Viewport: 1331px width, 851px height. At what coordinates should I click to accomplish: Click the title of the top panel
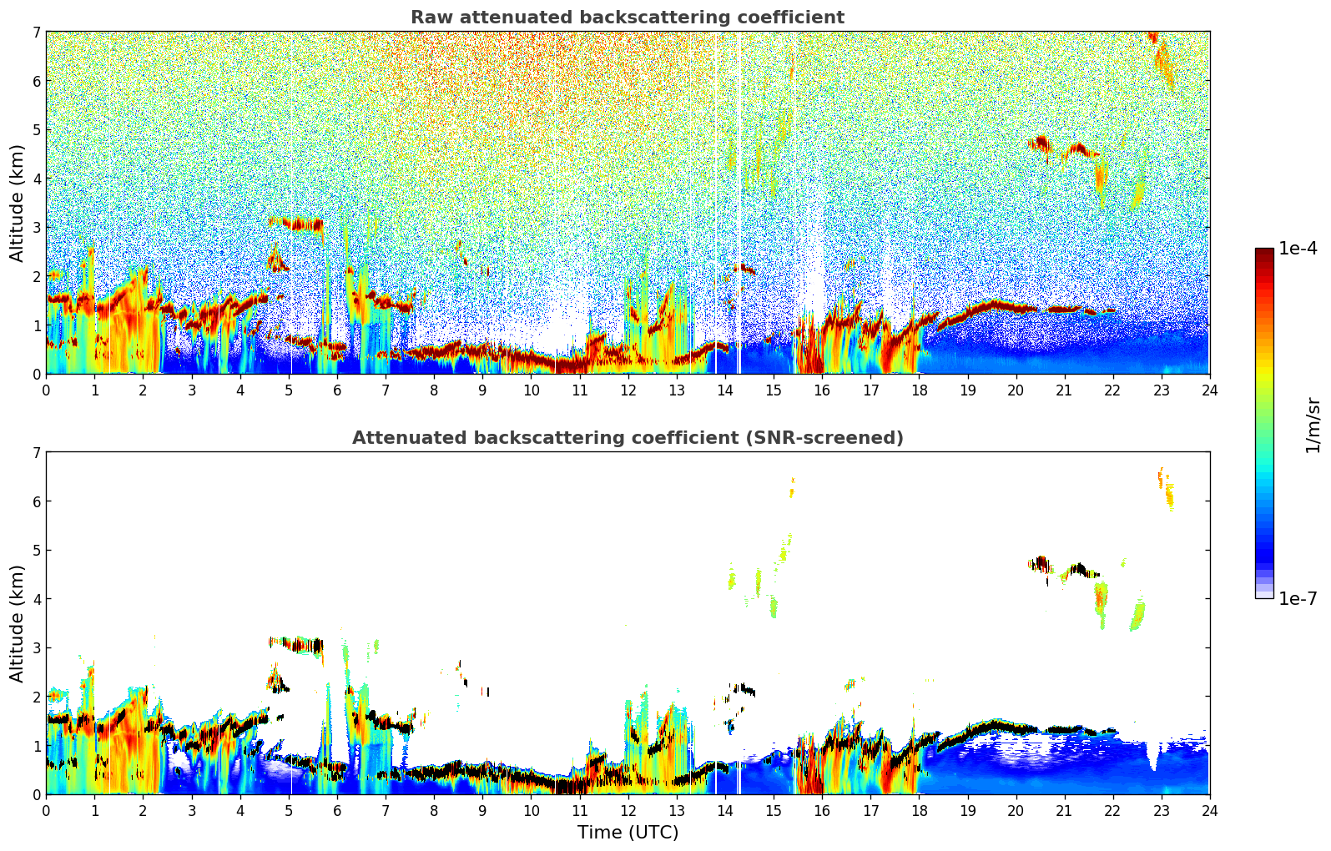(627, 18)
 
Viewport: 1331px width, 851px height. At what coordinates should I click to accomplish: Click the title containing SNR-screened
(627, 438)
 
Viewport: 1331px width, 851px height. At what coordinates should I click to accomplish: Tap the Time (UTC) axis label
(628, 833)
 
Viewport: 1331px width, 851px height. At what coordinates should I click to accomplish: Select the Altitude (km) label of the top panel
(18, 203)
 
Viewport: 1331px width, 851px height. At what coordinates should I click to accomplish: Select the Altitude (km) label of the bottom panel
(18, 623)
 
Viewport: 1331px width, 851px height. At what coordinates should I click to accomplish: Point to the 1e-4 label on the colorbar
(1298, 249)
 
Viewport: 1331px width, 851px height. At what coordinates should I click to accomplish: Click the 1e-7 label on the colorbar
(1298, 598)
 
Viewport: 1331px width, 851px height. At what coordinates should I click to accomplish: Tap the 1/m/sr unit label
(1313, 425)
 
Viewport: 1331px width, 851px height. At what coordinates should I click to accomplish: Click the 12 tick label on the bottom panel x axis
(628, 810)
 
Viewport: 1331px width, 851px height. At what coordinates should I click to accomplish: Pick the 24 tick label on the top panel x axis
(1209, 390)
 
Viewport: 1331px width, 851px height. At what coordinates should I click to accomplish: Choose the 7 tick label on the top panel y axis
(36, 33)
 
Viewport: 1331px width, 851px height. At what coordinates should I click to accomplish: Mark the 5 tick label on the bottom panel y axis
(36, 551)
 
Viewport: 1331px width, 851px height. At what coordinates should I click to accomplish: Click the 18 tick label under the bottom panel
(919, 810)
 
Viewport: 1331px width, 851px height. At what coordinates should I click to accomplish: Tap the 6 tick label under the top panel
(337, 390)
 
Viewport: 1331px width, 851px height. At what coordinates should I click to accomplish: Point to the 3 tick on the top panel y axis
(36, 228)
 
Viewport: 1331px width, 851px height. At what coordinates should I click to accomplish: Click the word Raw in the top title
(428, 18)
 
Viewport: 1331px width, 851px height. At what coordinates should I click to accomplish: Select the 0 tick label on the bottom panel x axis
(46, 810)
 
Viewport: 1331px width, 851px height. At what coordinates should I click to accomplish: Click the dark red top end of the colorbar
(1263, 252)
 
